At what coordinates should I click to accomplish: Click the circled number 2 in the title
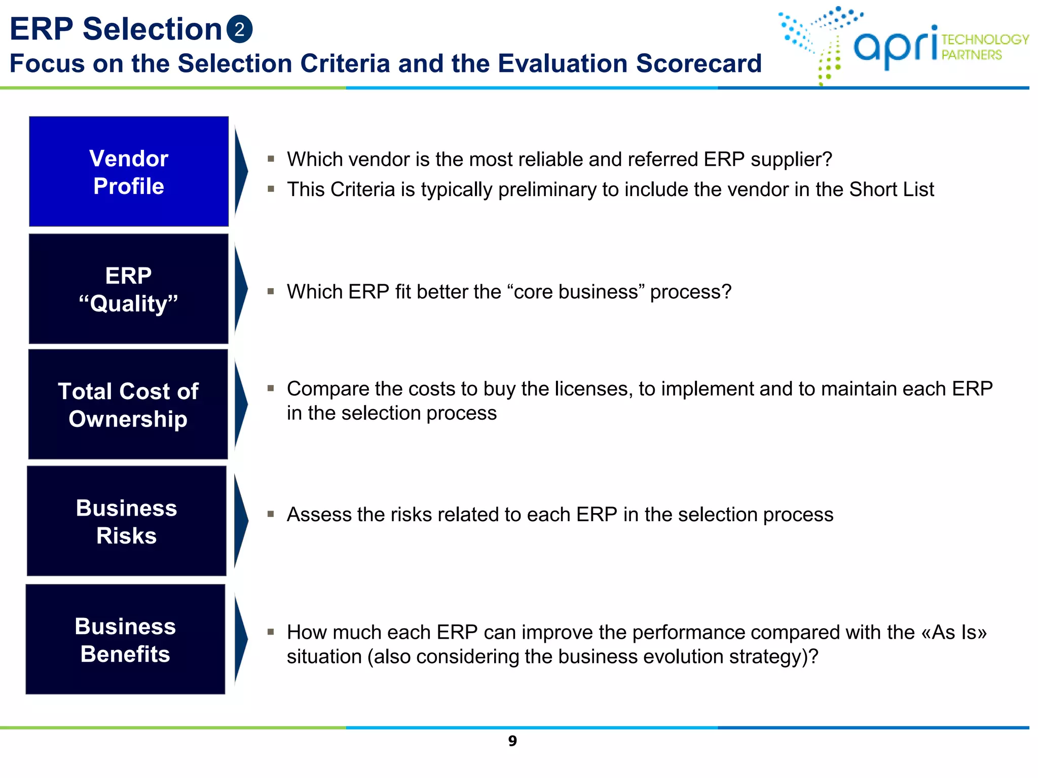tap(239, 29)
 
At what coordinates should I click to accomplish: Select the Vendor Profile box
tap(129, 172)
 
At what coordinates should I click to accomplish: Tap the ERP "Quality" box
tap(129, 289)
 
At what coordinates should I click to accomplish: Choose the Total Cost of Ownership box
tap(128, 405)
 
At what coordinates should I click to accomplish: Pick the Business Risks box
tap(127, 521)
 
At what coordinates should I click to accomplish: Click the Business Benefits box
tap(125, 639)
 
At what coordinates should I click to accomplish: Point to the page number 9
tap(512, 741)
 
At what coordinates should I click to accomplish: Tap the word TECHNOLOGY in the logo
tap(985, 40)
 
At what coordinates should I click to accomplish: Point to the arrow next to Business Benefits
tap(241, 639)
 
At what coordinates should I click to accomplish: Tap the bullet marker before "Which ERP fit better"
tap(271, 291)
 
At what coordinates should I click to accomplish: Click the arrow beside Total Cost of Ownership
tap(241, 405)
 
